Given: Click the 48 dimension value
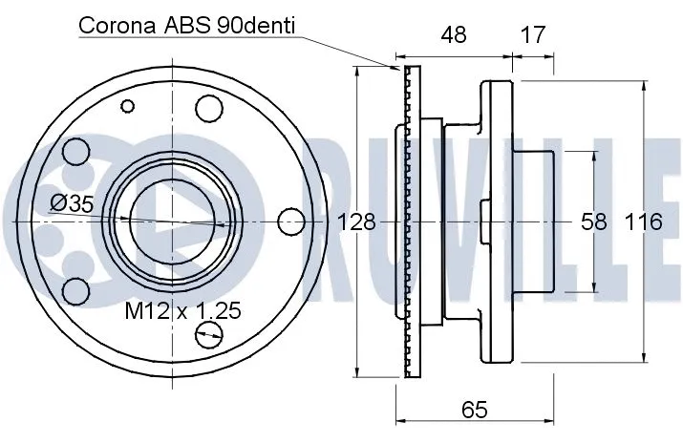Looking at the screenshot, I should point(454,34).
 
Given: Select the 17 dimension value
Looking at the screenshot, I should point(533,34).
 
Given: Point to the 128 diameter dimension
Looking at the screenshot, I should point(357,222).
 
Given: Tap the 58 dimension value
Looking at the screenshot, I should point(594,222).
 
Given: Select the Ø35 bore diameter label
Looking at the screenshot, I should point(72,202).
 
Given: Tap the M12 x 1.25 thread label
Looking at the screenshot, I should point(182,309).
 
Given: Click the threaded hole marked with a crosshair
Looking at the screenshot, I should point(208,333).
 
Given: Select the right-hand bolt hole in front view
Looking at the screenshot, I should point(290,221).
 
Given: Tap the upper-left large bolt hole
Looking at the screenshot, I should point(75,152).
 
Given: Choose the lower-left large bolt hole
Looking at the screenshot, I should point(75,290).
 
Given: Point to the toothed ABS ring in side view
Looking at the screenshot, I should point(412,221).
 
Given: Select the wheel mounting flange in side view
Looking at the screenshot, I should point(493,221).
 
